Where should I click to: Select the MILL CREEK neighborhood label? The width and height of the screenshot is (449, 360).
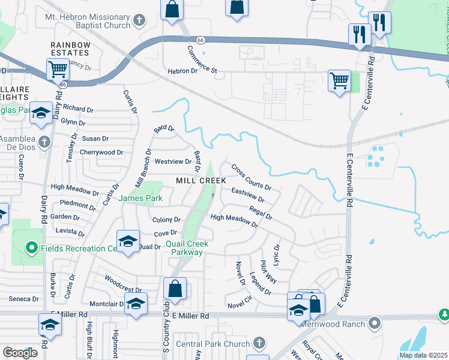(200, 181)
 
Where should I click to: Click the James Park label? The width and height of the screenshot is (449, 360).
(140, 198)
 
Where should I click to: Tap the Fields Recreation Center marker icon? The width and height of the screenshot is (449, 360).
(32, 248)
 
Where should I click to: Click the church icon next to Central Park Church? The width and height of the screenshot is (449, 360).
(259, 343)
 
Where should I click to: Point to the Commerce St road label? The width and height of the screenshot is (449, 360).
(202, 60)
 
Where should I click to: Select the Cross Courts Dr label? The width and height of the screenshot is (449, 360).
(251, 178)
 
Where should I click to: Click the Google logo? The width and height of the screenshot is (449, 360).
(20, 353)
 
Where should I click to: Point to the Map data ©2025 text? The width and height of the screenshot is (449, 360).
(423, 355)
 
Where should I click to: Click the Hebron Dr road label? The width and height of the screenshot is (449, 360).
(182, 71)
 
